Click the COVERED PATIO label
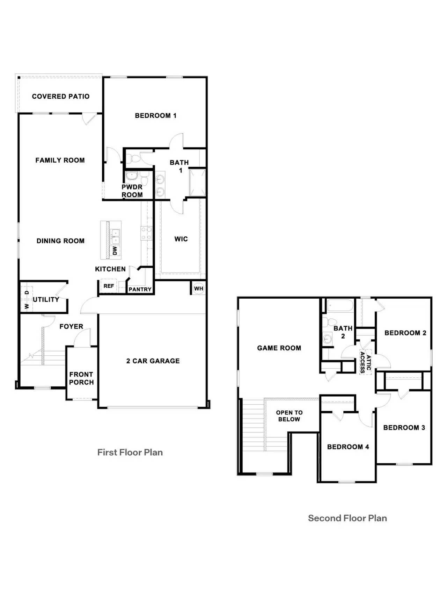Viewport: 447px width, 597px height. coord(61,97)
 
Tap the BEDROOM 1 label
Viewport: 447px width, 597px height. coord(156,116)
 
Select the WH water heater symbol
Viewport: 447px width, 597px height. coord(199,289)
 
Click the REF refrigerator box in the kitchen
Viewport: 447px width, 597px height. coord(109,286)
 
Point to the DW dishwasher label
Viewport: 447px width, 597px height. coord(115,250)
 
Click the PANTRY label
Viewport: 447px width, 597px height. coord(140,290)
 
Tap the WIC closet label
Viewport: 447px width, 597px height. coord(181,239)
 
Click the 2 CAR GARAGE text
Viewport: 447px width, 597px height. coord(153,361)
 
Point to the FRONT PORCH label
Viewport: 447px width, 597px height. coord(81,378)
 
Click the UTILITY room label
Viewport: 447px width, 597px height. coord(46,300)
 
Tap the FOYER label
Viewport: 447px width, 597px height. coord(71,327)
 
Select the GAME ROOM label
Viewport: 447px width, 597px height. coord(279,348)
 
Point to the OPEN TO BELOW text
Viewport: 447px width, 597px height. coord(289,416)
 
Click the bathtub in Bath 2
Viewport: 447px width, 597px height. coord(340,306)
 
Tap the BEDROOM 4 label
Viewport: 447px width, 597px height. coord(348,447)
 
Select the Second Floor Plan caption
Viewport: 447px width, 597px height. coord(347,518)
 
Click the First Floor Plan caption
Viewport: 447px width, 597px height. coord(130,453)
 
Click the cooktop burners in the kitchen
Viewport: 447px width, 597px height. coord(146,233)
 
